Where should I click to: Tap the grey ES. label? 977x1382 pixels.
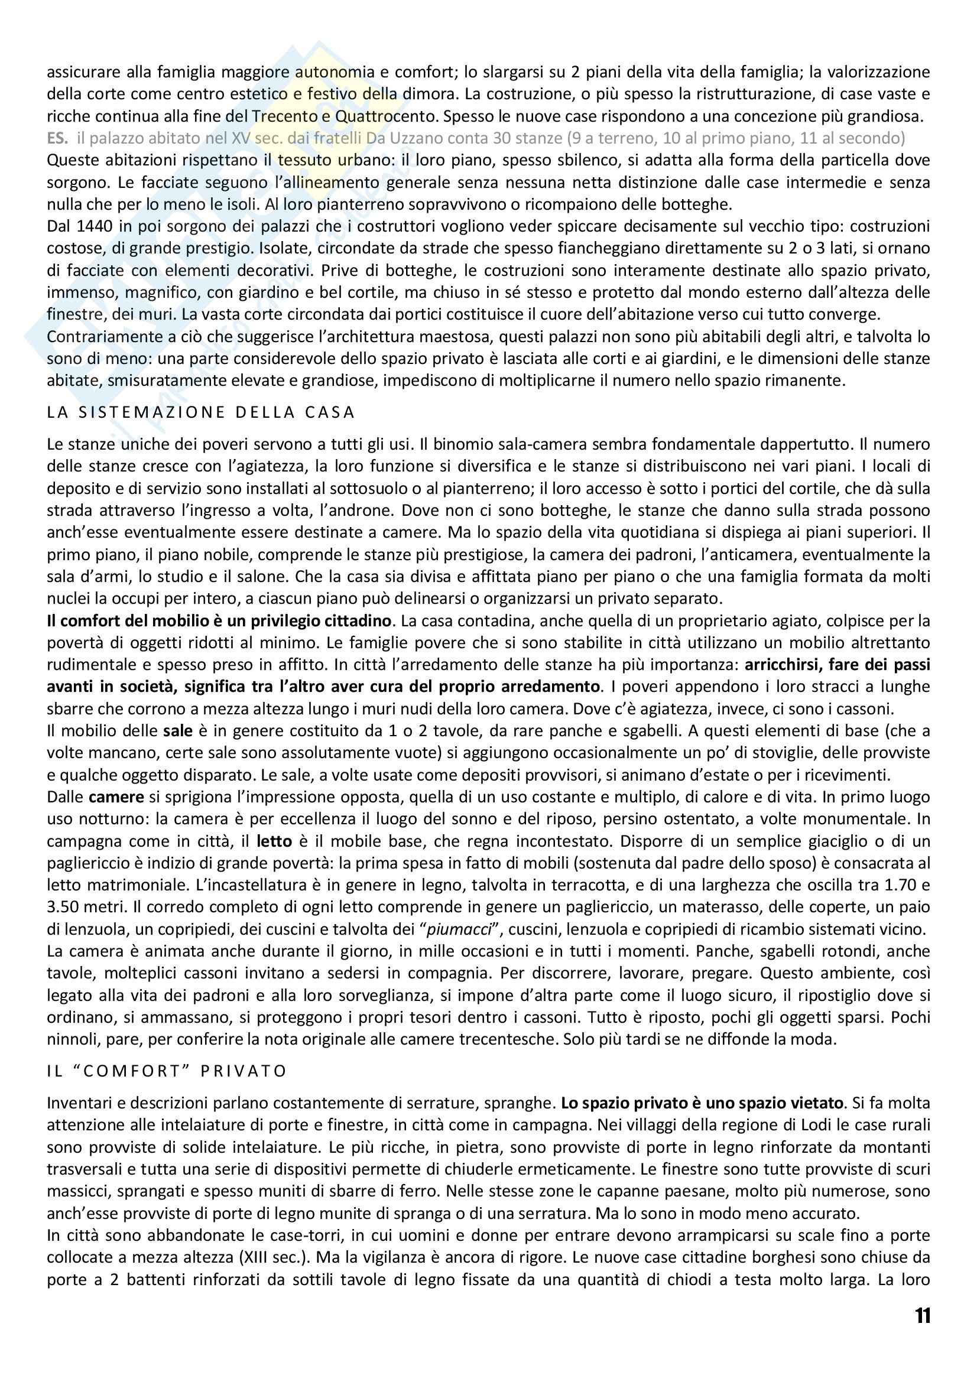coord(58,138)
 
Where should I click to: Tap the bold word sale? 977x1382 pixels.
coord(178,731)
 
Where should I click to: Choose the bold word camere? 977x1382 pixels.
coord(116,797)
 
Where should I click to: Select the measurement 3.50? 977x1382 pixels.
coord(69,907)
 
